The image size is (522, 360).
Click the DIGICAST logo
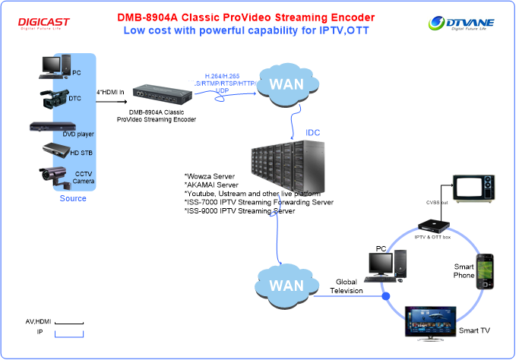pyautogui.click(x=44, y=24)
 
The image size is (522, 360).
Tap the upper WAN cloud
pyautogui.click(x=286, y=82)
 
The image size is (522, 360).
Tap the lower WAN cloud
pyautogui.click(x=286, y=286)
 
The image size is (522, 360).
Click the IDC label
pyautogui.click(x=313, y=133)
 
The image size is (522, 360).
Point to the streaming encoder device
pyautogui.click(x=162, y=94)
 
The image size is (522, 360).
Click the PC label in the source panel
pyautogui.click(x=78, y=73)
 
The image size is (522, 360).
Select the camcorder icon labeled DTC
pyautogui.click(x=55, y=96)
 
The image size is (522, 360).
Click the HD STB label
pyautogui.click(x=80, y=153)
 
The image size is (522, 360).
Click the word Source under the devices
pyautogui.click(x=73, y=199)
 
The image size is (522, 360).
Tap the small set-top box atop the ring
pyautogui.click(x=431, y=225)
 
